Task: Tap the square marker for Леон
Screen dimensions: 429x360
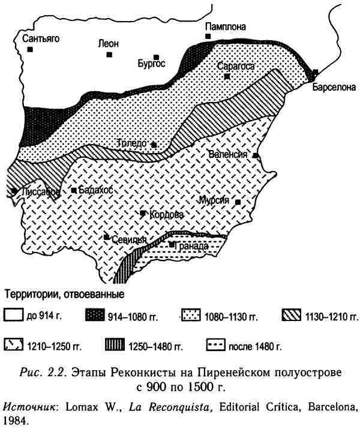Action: (x=109, y=55)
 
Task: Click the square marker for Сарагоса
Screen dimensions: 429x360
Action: (x=227, y=77)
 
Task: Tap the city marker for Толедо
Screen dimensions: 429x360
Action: (x=154, y=145)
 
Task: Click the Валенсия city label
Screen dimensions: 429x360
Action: (x=228, y=154)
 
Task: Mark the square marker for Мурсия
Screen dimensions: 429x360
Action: (x=238, y=203)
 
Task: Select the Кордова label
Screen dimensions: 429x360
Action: (x=162, y=215)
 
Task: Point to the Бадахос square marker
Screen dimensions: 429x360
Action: (x=74, y=190)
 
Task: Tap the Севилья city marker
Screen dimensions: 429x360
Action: (x=107, y=237)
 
